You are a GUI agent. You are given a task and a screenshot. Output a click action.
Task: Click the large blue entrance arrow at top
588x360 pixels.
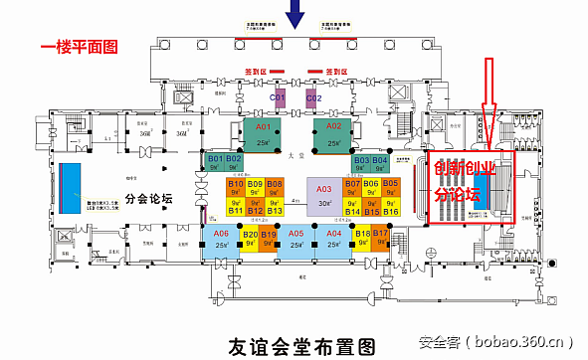(x=295, y=14)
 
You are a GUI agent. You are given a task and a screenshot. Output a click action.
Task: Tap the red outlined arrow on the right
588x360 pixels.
(x=488, y=88)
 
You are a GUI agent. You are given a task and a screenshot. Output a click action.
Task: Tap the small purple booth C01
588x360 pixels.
(x=279, y=97)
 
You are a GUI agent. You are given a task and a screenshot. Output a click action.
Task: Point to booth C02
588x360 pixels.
(x=313, y=97)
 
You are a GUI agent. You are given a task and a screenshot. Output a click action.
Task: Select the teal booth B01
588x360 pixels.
(x=215, y=163)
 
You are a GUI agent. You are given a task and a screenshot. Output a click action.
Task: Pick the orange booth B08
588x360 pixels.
(x=275, y=189)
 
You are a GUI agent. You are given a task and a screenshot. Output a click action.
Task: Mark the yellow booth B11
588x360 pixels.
(x=236, y=209)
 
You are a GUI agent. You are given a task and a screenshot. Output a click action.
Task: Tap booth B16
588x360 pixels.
(x=390, y=209)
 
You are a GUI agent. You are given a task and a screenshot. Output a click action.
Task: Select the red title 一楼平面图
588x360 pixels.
(x=79, y=46)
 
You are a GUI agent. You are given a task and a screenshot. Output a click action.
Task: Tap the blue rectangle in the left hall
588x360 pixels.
(x=71, y=187)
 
